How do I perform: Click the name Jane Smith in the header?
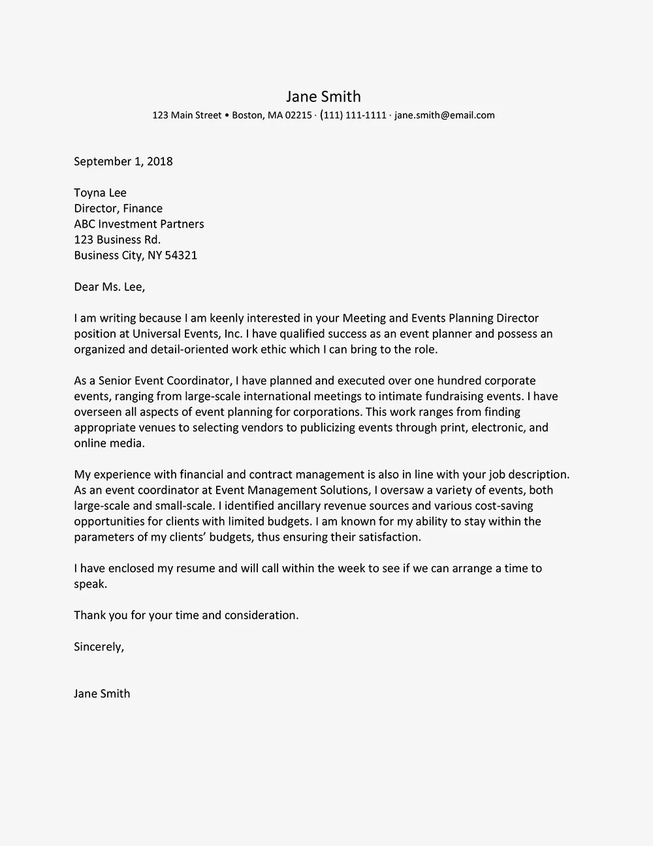point(323,97)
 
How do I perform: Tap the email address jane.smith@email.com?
point(445,116)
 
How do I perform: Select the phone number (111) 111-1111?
point(353,116)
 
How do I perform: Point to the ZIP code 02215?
point(298,116)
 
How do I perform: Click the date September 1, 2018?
point(123,161)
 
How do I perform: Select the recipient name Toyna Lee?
point(100,193)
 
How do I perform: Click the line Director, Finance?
point(118,209)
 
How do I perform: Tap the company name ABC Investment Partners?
point(139,224)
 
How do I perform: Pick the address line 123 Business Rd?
point(117,240)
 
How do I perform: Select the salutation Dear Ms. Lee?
point(110,287)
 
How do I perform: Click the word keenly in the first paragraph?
point(226,318)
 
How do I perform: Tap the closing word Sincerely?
point(99,647)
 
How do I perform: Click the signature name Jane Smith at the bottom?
point(102,694)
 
